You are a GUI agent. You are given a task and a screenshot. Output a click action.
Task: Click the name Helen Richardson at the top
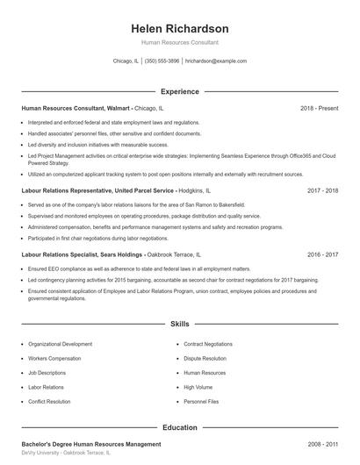179,28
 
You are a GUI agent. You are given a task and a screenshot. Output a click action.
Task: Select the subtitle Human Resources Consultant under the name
179,42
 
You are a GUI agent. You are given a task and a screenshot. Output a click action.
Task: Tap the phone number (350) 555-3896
162,61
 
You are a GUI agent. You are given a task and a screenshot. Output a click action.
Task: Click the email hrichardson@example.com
216,61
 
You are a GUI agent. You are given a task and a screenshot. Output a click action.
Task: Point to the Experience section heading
179,91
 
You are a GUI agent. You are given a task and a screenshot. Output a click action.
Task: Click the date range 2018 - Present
319,108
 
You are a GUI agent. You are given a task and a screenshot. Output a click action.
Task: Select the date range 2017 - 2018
322,190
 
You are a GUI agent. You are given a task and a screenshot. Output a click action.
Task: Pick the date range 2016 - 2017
322,254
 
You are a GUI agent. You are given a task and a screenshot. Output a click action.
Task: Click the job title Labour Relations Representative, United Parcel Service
99,190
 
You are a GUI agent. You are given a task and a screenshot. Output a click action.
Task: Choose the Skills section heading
179,324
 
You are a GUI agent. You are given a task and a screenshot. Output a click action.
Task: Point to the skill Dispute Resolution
205,359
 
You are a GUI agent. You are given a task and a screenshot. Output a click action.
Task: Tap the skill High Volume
198,387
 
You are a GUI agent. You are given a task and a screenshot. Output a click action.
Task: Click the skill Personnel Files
201,401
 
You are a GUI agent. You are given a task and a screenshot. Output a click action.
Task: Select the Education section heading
179,427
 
